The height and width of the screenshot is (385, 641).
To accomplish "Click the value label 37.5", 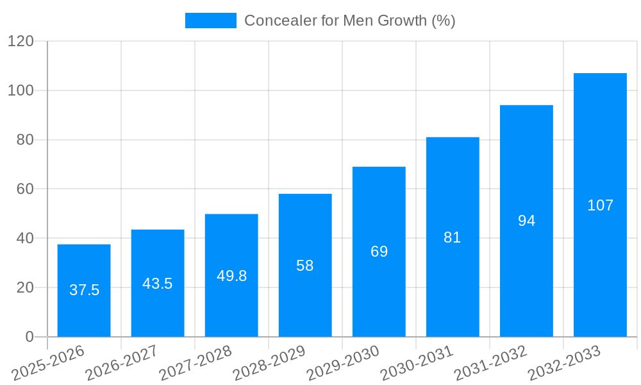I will (84, 290).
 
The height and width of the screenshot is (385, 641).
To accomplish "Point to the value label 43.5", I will (158, 284).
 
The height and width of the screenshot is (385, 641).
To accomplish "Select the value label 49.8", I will (231, 276).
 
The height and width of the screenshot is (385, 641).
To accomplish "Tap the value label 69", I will (379, 252).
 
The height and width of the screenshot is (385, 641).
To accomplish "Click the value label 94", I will (526, 221).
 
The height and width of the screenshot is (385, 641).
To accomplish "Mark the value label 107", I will (600, 205).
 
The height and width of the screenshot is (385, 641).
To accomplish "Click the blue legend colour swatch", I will (210, 21).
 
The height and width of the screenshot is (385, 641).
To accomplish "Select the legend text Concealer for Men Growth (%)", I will (349, 21).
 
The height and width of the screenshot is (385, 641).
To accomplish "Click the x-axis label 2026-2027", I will (121, 363).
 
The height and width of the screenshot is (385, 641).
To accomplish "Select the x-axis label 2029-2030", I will (342, 363).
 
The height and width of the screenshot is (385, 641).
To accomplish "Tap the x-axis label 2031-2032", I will (490, 363).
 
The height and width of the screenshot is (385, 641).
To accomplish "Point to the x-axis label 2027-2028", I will (195, 363).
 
